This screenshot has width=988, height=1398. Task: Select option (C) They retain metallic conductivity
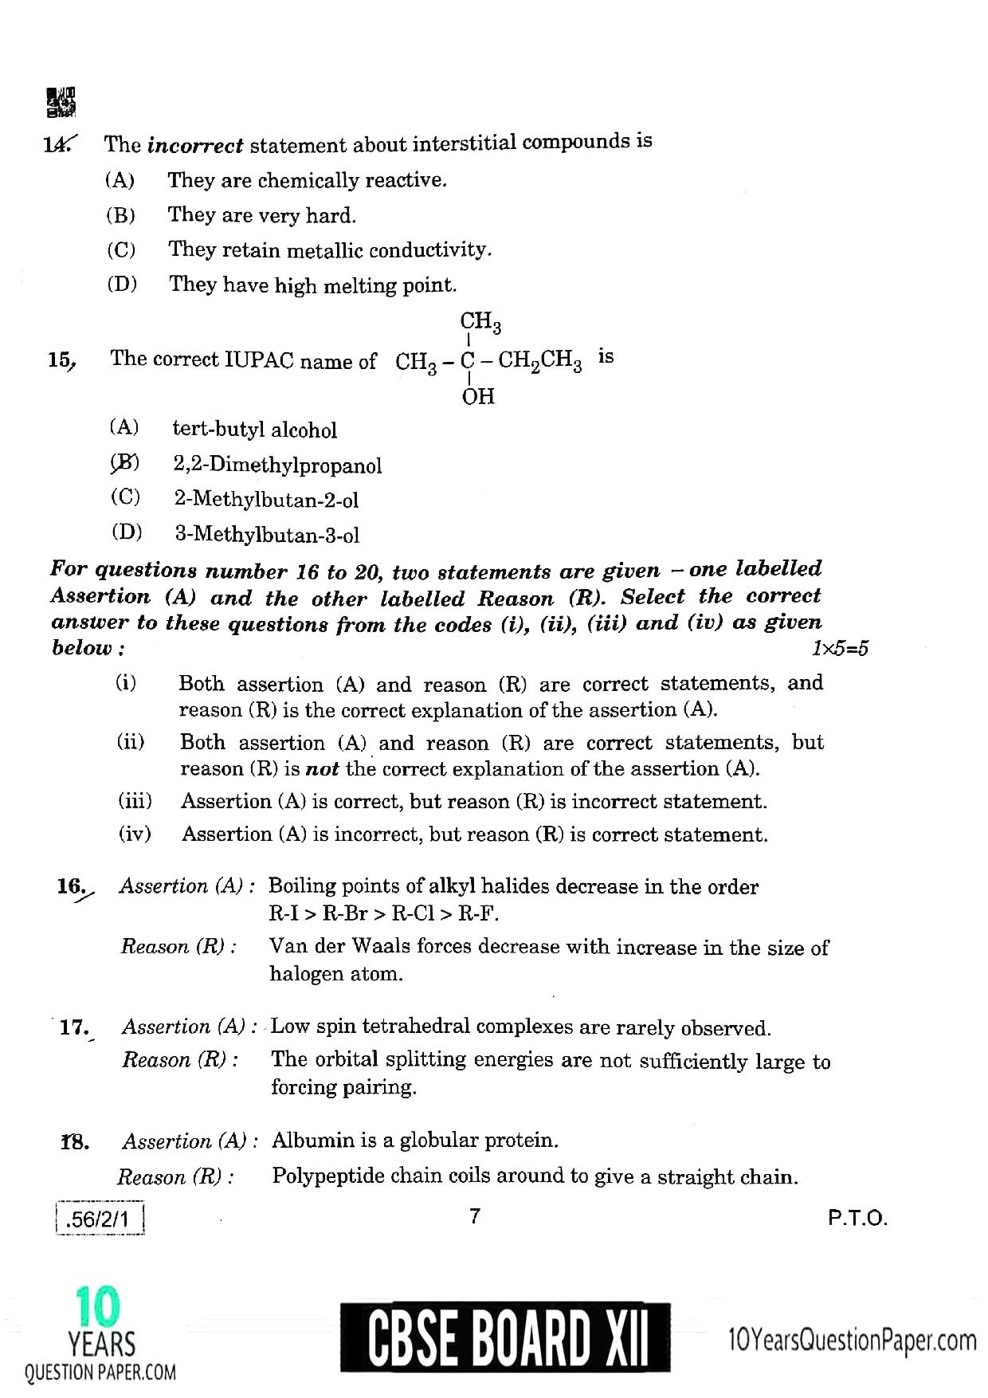(329, 249)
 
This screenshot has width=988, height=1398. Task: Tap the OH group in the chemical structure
(478, 396)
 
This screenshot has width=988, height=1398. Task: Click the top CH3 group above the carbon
(480, 322)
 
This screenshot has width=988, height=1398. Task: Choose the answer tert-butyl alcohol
(254, 430)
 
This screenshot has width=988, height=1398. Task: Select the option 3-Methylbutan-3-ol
(267, 535)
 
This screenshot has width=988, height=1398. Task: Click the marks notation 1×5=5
(840, 649)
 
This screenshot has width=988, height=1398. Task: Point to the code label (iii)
(135, 800)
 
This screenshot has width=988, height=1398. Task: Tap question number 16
(72, 886)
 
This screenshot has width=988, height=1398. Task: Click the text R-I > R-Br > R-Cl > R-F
(383, 913)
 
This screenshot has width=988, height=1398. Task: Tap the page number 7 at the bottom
(475, 1216)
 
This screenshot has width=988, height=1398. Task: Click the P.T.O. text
(857, 1219)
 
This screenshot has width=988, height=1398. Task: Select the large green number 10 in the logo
(99, 1308)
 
